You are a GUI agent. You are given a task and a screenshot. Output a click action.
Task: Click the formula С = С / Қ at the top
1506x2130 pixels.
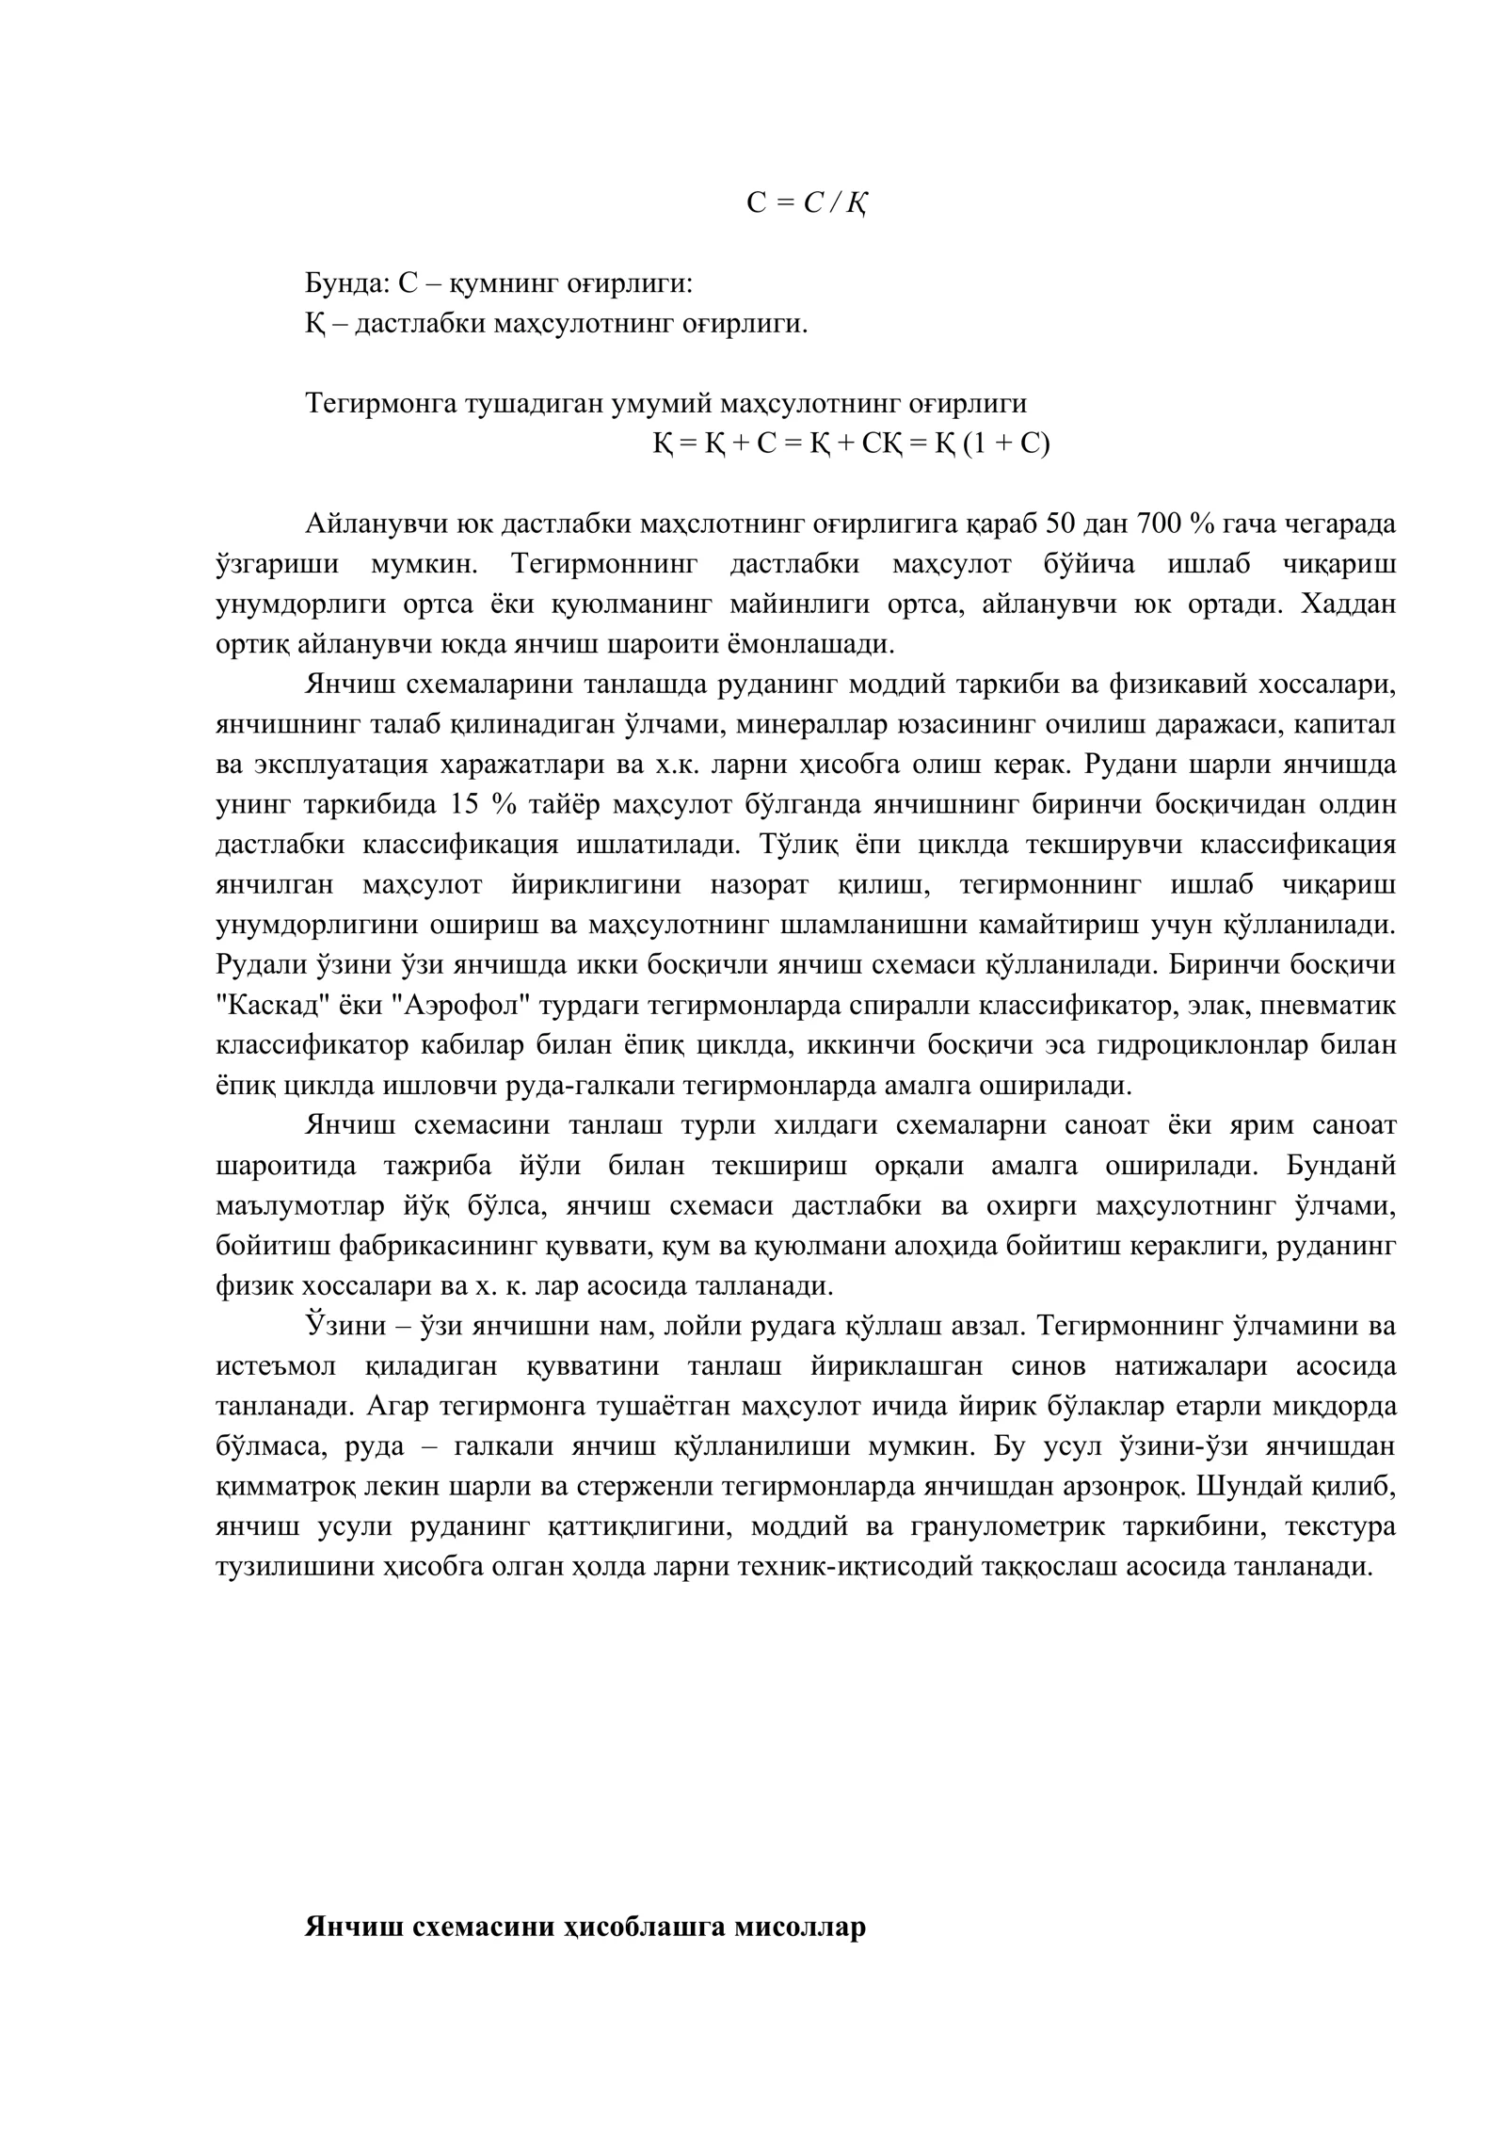(807, 202)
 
